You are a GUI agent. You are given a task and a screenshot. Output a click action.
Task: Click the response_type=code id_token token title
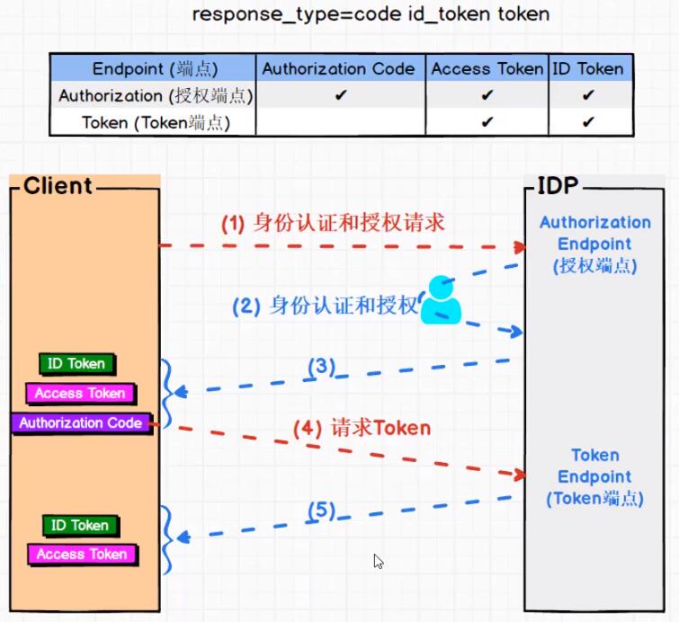pyautogui.click(x=371, y=14)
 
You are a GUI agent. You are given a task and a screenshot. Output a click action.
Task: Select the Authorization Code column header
pyautogui.click(x=339, y=68)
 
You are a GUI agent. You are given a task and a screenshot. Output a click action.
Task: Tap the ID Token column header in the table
pyautogui.click(x=588, y=68)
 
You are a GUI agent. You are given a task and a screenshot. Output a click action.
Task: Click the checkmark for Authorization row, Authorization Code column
pyautogui.click(x=340, y=95)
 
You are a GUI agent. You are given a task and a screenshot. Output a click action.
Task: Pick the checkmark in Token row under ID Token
pyautogui.click(x=588, y=122)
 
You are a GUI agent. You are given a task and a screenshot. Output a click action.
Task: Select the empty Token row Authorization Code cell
pyautogui.click(x=340, y=122)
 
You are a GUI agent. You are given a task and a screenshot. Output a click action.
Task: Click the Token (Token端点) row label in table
pyautogui.click(x=155, y=122)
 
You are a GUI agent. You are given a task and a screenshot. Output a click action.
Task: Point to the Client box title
pyautogui.click(x=58, y=186)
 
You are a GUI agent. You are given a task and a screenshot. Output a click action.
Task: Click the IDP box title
pyautogui.click(x=558, y=186)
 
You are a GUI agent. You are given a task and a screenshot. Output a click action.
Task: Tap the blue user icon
pyautogui.click(x=441, y=300)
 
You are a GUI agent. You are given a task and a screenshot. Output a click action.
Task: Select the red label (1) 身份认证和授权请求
pyautogui.click(x=333, y=223)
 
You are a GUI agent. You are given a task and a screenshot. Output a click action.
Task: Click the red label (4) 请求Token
pyautogui.click(x=362, y=429)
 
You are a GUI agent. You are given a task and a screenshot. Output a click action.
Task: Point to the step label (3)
pyautogui.click(x=321, y=367)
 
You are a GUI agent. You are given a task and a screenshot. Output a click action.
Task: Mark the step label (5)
pyautogui.click(x=321, y=511)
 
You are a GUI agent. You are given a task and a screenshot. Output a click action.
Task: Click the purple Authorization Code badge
pyautogui.click(x=81, y=422)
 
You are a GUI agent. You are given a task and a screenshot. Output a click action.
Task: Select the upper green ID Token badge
pyautogui.click(x=78, y=364)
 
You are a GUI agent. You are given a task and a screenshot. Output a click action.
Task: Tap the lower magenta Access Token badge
pyautogui.click(x=82, y=555)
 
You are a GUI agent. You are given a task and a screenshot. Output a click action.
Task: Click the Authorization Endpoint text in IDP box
pyautogui.click(x=594, y=244)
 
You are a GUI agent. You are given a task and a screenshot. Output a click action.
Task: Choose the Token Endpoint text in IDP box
pyautogui.click(x=594, y=476)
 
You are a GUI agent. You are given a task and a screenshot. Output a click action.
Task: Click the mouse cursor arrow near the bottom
pyautogui.click(x=379, y=562)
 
